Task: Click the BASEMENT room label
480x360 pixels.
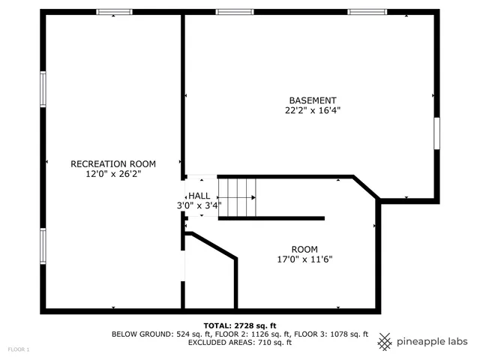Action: tap(313, 100)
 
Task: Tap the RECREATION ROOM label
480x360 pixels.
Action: tap(112, 163)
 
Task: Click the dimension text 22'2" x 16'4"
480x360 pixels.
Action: tap(313, 110)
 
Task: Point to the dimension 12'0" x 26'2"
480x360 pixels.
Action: tap(112, 173)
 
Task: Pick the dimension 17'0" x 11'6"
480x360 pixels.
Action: tap(304, 259)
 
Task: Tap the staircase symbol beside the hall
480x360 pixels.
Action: tap(237, 197)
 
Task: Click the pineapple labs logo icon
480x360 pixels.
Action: tap(385, 341)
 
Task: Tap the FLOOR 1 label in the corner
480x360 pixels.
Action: tap(19, 349)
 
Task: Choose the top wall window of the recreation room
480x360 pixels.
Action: tap(115, 12)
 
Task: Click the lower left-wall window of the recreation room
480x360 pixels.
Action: tap(43, 248)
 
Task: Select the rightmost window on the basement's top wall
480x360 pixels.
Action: tap(367, 12)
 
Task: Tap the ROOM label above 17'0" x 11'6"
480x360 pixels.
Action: tap(304, 249)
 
